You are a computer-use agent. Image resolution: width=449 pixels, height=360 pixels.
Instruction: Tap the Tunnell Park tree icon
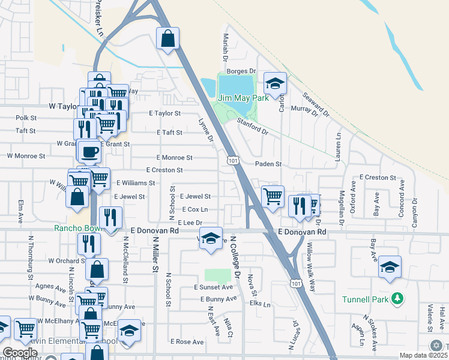click(396, 298)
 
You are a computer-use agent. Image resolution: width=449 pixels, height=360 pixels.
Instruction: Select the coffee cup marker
click(90, 152)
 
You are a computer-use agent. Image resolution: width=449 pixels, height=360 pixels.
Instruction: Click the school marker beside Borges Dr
click(274, 83)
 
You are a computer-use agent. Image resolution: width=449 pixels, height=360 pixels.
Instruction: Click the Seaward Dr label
click(316, 104)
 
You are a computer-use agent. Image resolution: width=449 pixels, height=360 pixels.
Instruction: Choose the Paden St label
click(268, 164)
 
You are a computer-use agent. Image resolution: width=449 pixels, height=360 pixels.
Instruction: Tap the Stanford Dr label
click(252, 127)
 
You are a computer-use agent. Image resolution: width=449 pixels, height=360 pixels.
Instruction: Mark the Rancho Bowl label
click(76, 229)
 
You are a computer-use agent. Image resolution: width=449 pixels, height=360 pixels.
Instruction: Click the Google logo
click(20, 353)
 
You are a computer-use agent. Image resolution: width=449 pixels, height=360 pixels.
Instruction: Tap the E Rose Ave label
click(187, 341)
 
